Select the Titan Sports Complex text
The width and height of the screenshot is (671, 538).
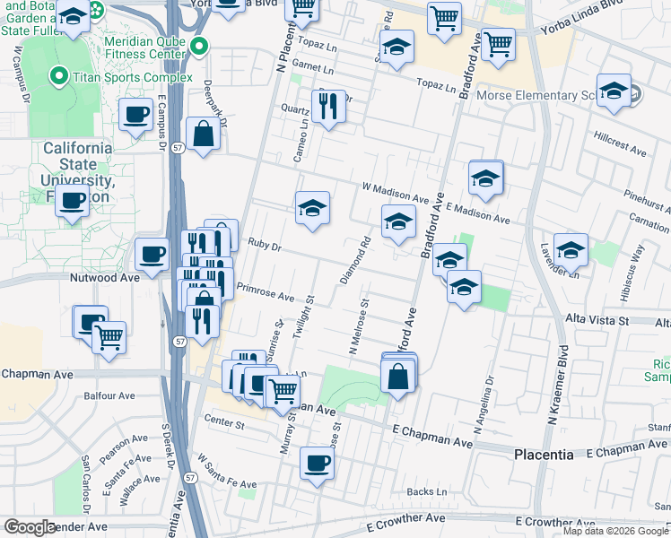pos(133,77)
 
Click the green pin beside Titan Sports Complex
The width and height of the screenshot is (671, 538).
pos(60,77)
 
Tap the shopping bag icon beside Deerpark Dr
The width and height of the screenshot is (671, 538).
pos(205,134)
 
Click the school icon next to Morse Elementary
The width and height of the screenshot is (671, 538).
pos(614,91)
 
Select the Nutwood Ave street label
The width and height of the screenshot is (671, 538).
pos(105,278)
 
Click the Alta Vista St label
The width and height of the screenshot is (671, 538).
pos(597,320)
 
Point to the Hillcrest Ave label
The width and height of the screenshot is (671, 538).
pos(620,144)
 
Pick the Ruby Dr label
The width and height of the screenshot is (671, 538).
pos(265,243)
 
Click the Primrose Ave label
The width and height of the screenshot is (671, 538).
pos(266,294)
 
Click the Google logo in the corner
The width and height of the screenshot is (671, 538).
pos(30,527)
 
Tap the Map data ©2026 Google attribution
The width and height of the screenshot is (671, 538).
pos(615,531)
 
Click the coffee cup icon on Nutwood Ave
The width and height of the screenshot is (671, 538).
pos(152,253)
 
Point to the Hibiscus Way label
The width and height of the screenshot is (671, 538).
pos(638,265)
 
